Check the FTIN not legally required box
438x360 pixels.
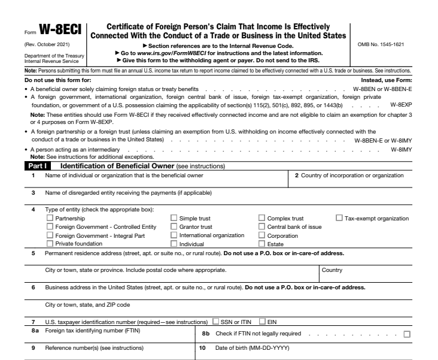(407, 334)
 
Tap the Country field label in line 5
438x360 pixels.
(332, 270)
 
